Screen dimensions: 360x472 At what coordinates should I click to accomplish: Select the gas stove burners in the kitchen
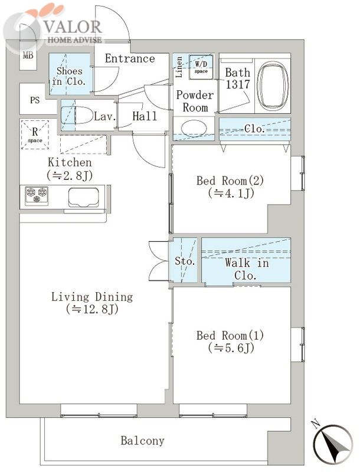[37, 195]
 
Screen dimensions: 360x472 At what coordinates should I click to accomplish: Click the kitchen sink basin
[84, 197]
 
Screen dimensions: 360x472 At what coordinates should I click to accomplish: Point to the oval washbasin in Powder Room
[194, 129]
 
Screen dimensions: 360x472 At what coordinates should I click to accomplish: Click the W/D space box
[201, 67]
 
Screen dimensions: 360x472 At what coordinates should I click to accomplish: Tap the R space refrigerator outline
[35, 135]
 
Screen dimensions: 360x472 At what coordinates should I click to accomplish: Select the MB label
[28, 55]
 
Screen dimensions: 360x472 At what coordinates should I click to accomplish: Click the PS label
[35, 100]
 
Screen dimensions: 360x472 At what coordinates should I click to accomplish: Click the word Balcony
[142, 441]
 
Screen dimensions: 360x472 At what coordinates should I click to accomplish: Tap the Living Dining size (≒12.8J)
[92, 309]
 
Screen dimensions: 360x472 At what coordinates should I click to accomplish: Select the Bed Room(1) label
[230, 335]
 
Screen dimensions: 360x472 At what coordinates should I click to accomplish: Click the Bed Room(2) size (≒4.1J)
[231, 194]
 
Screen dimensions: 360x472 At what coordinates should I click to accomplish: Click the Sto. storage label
[185, 261]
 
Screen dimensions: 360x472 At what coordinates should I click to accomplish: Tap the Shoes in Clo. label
[69, 76]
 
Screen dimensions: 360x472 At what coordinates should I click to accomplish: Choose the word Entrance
[130, 58]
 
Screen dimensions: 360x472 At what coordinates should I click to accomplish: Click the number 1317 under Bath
[238, 84]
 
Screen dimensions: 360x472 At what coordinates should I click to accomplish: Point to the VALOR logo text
[73, 27]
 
